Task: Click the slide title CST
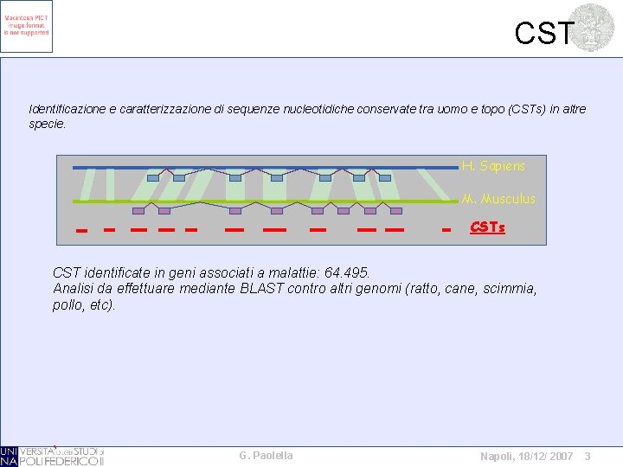point(543,33)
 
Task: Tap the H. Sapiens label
point(492,165)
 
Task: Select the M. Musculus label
point(498,199)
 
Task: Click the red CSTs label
point(487,228)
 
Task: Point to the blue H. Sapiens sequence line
point(260,167)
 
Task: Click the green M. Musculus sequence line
point(260,202)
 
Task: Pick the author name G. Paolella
point(266,456)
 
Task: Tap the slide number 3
point(587,456)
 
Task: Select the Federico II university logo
point(52,456)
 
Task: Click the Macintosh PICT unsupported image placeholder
point(27,26)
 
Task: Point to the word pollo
point(67,305)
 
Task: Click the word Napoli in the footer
point(498,456)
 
